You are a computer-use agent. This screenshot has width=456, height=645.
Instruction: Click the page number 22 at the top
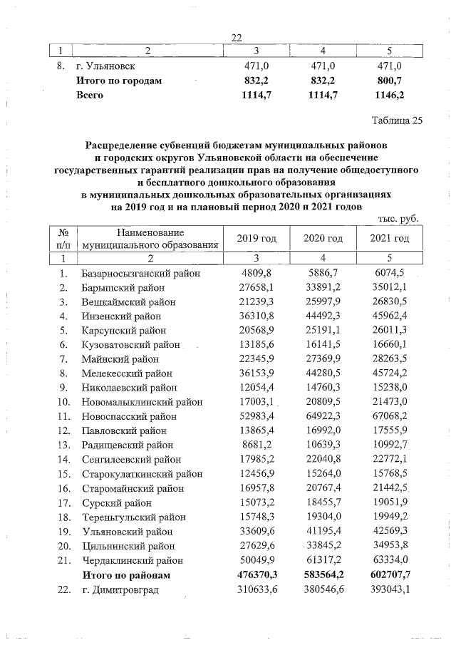237,38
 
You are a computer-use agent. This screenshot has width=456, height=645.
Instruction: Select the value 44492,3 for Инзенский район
323,316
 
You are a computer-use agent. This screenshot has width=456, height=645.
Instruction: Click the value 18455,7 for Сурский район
323,502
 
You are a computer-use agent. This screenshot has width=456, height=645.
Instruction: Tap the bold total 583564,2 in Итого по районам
322,574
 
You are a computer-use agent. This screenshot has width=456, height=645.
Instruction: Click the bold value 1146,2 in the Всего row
389,94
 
